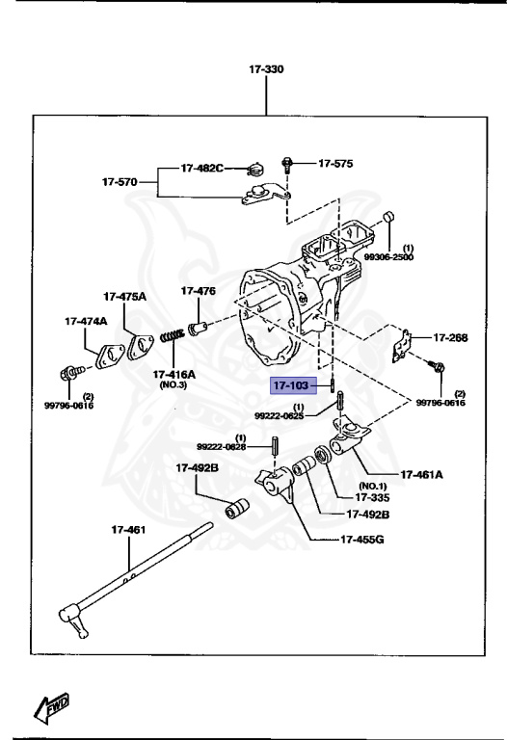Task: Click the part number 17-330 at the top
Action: coord(265,70)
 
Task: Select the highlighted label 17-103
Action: coord(290,386)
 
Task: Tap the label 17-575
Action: coord(335,164)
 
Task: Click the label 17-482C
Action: coord(201,169)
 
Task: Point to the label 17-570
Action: coord(122,181)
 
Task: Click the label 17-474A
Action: coord(86,321)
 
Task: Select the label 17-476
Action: coord(198,290)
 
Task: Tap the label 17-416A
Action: coord(173,373)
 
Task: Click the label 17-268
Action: coord(449,338)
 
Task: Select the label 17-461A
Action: coord(421,474)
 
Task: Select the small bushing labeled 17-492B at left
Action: coord(237,508)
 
